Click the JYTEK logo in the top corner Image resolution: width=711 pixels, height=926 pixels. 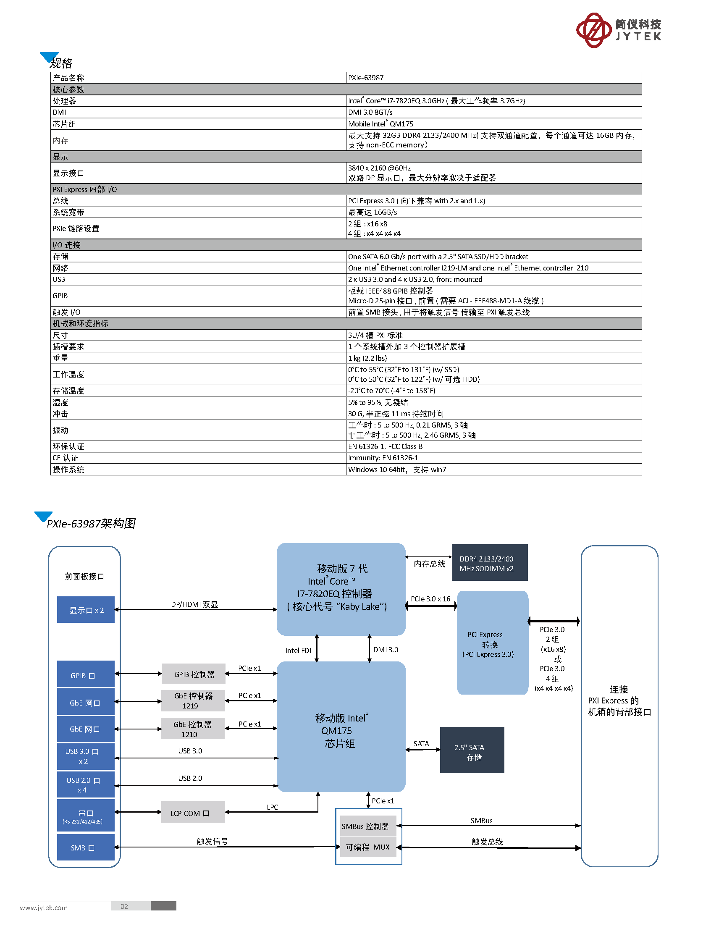pyautogui.click(x=618, y=30)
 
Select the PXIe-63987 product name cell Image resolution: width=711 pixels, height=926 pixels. pyautogui.click(x=493, y=77)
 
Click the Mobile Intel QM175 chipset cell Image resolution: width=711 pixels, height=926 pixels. pyautogui.click(x=493, y=123)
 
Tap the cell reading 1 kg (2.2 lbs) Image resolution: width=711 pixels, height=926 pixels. pyautogui.click(x=493, y=358)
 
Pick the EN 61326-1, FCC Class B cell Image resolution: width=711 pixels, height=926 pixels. pyautogui.click(x=493, y=446)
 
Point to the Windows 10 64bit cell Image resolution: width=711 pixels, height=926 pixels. pyautogui.click(x=493, y=470)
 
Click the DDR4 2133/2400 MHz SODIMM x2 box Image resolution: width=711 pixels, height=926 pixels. pyautogui.click(x=490, y=562)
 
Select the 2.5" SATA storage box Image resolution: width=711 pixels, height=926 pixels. pyautogui.click(x=472, y=750)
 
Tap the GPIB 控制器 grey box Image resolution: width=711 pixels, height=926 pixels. pyautogui.click(x=194, y=674)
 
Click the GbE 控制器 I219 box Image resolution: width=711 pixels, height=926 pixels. pyautogui.click(x=193, y=700)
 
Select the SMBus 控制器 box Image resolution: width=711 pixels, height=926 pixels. pyautogui.click(x=368, y=826)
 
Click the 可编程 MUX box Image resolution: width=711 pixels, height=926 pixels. pyautogui.click(x=368, y=847)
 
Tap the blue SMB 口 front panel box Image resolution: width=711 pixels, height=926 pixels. pyautogui.click(x=86, y=847)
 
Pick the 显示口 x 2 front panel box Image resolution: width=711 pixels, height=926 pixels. pyautogui.click(x=86, y=609)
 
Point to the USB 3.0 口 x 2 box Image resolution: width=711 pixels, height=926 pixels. pyautogui.click(x=86, y=756)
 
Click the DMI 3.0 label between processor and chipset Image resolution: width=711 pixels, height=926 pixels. pyautogui.click(x=386, y=650)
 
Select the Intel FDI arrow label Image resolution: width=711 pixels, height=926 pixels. pyautogui.click(x=298, y=651)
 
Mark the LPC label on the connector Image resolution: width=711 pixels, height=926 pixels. pyautogui.click(x=273, y=807)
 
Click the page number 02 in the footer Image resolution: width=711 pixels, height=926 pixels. pyautogui.click(x=124, y=906)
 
